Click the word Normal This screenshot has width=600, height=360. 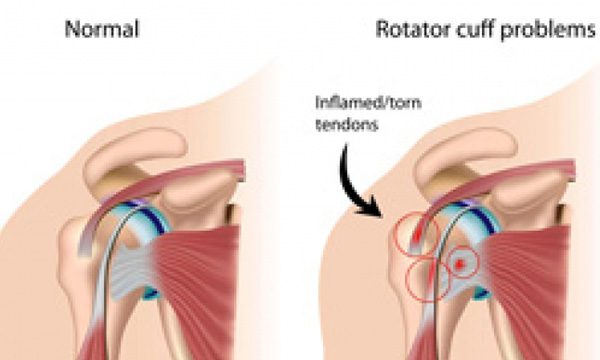click(102, 29)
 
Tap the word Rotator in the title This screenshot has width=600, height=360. click(412, 29)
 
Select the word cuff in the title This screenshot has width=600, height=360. click(474, 29)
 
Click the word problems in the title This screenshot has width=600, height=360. click(548, 30)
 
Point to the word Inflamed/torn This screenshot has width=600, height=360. click(368, 103)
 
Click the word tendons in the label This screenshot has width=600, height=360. click(347, 125)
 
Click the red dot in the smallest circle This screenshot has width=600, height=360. click(460, 263)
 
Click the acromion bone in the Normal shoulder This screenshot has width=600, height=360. click(134, 153)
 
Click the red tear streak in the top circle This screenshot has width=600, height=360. click(417, 234)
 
